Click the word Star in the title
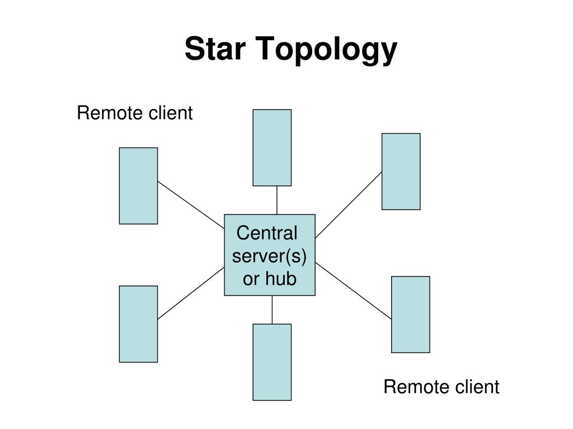[215, 49]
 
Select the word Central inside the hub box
[267, 233]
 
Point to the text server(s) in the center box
[269, 256]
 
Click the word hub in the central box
[280, 278]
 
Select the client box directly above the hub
[273, 147]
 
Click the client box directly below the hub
[273, 362]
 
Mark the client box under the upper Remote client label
[139, 185]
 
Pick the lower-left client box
[139, 324]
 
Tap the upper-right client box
[401, 171]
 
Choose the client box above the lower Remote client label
[411, 314]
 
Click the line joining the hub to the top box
[277, 201]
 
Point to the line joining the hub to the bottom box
[273, 309]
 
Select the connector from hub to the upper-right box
[349, 204]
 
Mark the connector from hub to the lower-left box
[191, 293]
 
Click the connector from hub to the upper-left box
[191, 205]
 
